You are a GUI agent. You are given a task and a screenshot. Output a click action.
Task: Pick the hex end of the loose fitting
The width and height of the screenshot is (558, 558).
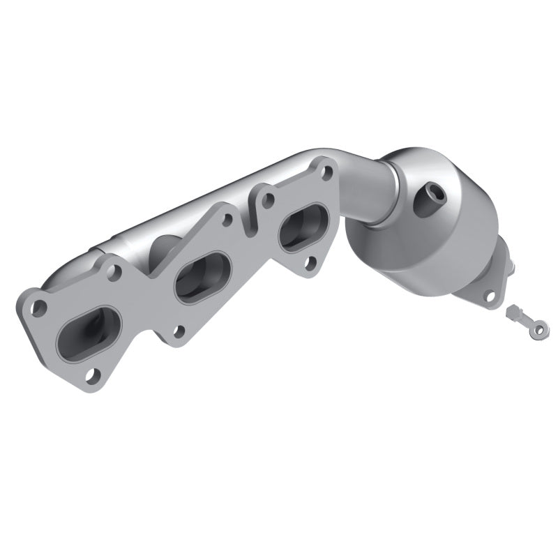513,309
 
